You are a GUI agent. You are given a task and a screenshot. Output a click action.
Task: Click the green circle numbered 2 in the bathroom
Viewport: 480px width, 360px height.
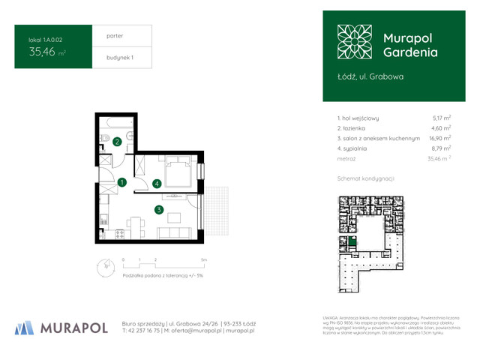117,142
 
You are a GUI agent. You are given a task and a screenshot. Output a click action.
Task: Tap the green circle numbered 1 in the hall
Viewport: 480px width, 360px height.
121,181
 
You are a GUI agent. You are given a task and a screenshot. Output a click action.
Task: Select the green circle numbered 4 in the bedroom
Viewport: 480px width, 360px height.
156,183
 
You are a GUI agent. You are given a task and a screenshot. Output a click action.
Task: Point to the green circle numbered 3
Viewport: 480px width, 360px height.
159,210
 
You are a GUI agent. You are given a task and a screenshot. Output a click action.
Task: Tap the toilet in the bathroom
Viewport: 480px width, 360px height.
130,135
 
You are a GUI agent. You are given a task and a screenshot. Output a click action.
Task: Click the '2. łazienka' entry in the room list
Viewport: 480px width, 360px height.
356,128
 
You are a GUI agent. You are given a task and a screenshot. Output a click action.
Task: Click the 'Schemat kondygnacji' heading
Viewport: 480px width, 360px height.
365,178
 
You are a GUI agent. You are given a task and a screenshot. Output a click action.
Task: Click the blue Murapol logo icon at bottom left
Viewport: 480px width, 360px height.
24,327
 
